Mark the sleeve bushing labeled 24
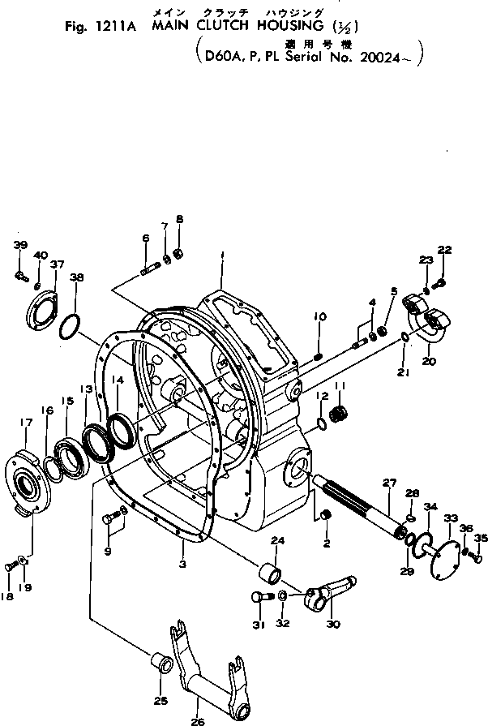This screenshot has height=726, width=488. pos(268,580)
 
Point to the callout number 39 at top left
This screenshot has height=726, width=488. pos(20,245)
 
